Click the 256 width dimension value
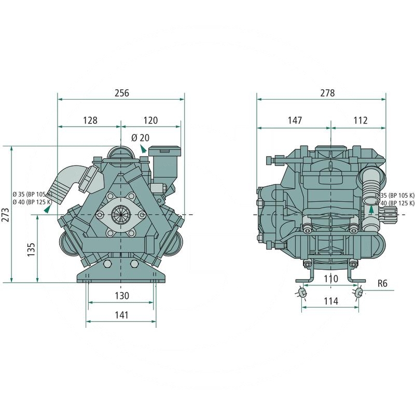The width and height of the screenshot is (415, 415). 120,93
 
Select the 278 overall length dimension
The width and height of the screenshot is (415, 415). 327,93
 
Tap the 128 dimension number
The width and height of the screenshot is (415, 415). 90,120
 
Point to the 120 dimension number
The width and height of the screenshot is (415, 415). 150,120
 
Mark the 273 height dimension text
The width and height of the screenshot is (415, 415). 6,215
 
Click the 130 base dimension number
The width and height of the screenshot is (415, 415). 121,295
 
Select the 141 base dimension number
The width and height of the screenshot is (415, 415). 121,315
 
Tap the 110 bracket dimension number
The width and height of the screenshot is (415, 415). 330,279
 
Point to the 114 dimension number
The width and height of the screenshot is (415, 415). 330,301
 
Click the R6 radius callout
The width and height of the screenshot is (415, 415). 383,284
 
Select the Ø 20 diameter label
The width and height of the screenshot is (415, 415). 140,137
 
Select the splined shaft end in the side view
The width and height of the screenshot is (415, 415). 390,214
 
